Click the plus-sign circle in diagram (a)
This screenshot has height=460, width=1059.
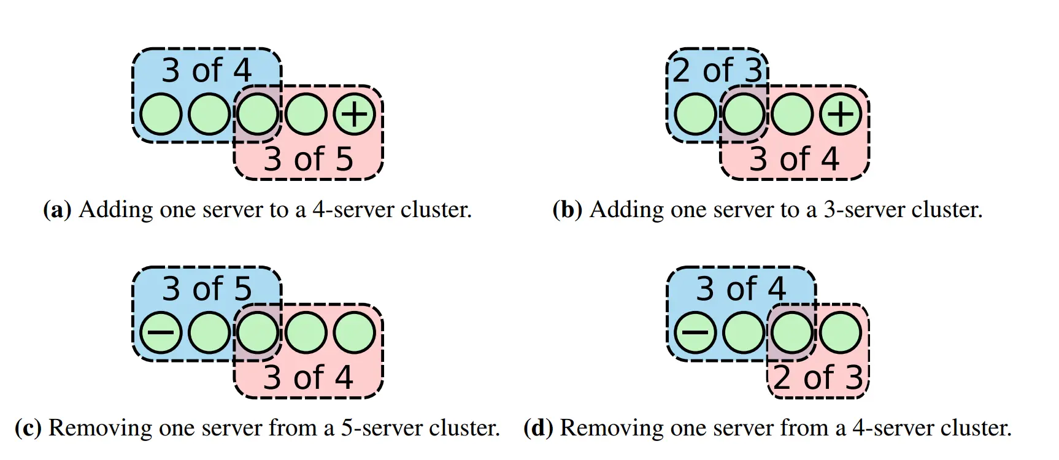[354, 114]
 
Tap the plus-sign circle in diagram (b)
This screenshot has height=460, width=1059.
[841, 114]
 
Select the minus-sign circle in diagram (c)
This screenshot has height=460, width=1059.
[161, 333]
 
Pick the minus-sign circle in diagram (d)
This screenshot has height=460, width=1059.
[695, 333]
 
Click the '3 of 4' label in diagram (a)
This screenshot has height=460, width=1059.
[207, 71]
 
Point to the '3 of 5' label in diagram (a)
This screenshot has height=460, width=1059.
[309, 159]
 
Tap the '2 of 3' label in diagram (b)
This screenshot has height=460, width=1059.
[717, 71]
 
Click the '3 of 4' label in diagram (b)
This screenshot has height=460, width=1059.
[795, 159]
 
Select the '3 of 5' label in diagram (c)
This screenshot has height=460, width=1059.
[207, 289]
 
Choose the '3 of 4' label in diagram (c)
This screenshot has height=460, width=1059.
[309, 378]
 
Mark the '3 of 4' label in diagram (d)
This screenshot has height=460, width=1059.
[741, 289]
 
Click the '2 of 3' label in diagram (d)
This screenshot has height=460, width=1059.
[818, 378]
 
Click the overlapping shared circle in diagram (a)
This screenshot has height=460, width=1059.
[258, 114]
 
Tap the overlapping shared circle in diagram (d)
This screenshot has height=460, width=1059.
[792, 333]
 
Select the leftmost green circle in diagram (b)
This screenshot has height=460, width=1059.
[695, 114]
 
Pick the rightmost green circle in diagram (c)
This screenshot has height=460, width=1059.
[354, 333]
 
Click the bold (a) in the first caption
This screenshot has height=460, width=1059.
[57, 210]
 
